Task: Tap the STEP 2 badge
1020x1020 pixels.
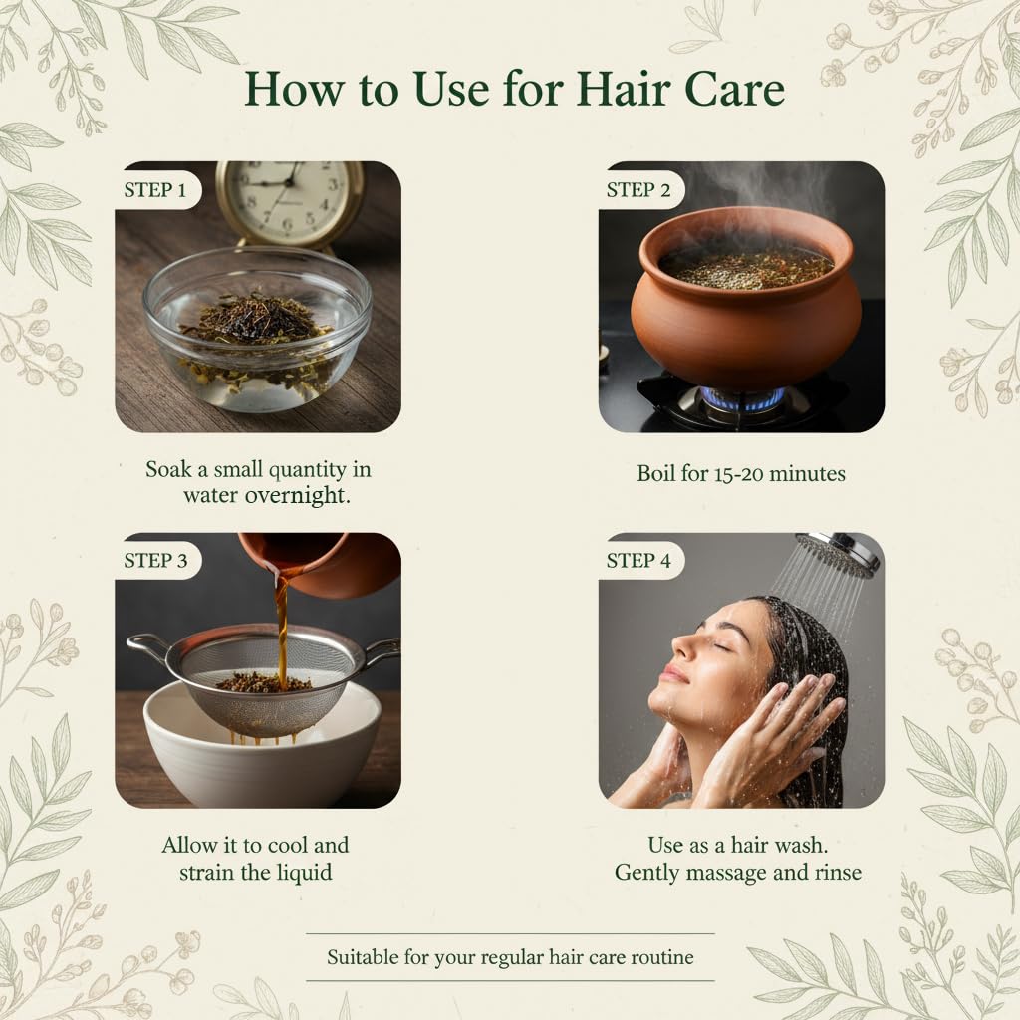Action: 637,190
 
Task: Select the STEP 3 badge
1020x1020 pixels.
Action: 155,560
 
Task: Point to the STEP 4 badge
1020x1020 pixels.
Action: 638,560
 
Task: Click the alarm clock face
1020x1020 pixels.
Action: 291,202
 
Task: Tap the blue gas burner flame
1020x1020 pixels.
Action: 741,396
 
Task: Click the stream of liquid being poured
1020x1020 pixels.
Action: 281,625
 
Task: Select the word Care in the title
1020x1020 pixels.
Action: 734,89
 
